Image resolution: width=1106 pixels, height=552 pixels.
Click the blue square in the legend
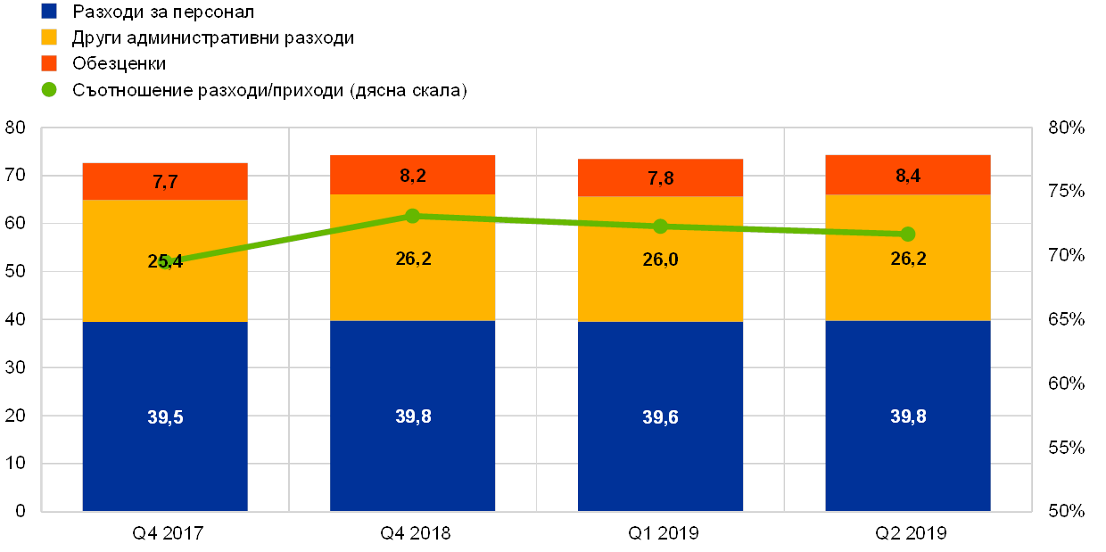pos(49,11)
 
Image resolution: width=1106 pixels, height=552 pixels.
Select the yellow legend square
pos(49,37)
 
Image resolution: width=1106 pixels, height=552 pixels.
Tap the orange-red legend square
pos(49,63)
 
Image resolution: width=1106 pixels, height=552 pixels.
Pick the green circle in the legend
pos(49,89)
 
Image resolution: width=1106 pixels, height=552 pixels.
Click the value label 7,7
pos(165,182)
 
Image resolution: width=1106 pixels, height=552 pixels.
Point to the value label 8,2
pos(413,176)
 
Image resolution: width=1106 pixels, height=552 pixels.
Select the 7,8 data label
pos(661,178)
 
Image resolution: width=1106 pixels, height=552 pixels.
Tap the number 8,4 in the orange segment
pos(908,176)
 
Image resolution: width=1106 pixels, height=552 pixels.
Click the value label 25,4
pos(165,261)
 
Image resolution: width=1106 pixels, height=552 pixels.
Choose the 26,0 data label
pos(661,259)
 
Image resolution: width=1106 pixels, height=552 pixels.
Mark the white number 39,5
pos(165,417)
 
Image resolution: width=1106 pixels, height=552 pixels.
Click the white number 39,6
pos(661,417)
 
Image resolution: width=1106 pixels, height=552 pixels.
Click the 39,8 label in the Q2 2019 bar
pos(908,416)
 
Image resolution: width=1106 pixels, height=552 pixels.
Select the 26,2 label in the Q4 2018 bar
pos(413,259)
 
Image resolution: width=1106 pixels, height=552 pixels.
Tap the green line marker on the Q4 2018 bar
pos(412,216)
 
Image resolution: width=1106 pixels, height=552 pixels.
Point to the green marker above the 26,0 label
pos(660,227)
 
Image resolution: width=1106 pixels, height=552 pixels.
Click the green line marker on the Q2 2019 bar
pos(908,234)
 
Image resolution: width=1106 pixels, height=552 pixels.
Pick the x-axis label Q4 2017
pos(168,533)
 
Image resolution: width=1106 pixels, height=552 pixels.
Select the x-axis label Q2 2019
pos(911,533)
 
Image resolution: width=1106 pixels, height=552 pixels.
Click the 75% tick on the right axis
pos(1067,191)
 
